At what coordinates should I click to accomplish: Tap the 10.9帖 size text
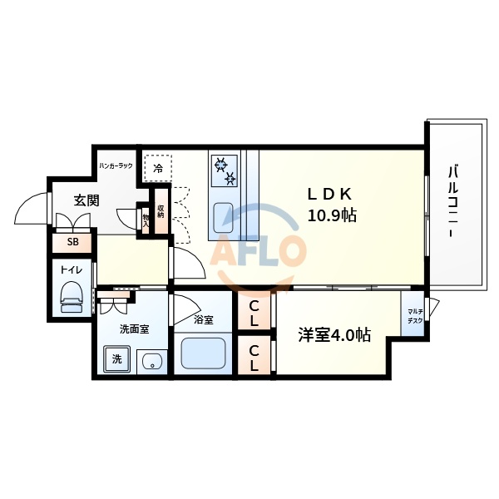click(333, 215)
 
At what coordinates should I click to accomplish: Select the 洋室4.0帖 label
click(334, 335)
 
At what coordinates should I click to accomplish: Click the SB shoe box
click(73, 242)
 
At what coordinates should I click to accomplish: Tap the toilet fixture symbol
click(72, 296)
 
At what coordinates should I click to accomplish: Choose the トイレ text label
click(71, 269)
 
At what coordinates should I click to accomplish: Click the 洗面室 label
click(134, 329)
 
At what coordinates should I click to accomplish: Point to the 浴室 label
click(204, 319)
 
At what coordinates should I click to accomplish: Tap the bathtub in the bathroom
click(204, 354)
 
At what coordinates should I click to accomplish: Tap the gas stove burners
click(225, 170)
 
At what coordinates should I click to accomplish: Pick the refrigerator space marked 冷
click(158, 168)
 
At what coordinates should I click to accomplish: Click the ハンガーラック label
click(116, 166)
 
